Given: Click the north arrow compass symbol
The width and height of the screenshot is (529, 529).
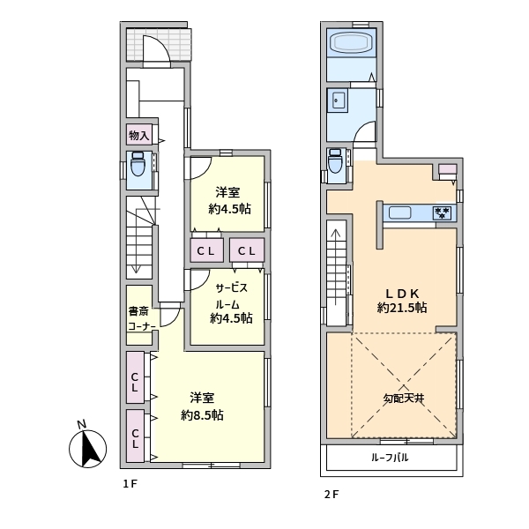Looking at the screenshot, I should [x=86, y=448].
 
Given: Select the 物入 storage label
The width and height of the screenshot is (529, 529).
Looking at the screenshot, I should [x=139, y=135].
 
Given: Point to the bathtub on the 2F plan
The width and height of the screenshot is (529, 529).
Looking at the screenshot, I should [x=352, y=43].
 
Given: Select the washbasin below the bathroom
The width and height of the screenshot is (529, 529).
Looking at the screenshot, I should [x=338, y=101].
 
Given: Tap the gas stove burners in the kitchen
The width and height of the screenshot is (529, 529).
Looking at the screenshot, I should [x=443, y=212].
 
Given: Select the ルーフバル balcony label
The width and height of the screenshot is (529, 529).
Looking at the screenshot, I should [x=389, y=458].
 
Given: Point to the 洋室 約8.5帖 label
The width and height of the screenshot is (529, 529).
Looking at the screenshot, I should [x=202, y=406].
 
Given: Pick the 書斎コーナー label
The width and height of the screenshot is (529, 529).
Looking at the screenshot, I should [x=140, y=318].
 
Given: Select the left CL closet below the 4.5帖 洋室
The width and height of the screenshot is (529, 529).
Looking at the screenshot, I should [x=207, y=251].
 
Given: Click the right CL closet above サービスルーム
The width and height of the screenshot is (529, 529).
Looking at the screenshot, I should [x=248, y=251].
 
